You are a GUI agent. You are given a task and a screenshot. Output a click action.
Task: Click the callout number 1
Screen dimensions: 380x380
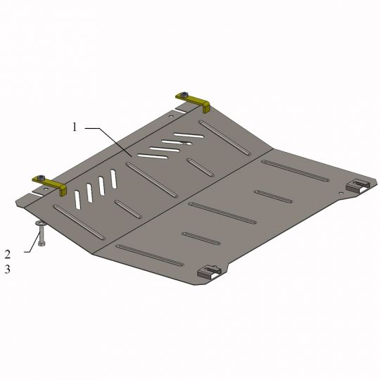click(x=74, y=127)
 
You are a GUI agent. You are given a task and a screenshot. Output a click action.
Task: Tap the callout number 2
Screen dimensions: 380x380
click(x=8, y=253)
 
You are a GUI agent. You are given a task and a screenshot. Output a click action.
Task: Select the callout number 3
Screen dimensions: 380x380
click(x=8, y=268)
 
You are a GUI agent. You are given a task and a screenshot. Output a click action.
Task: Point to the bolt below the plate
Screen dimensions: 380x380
click(x=40, y=236)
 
